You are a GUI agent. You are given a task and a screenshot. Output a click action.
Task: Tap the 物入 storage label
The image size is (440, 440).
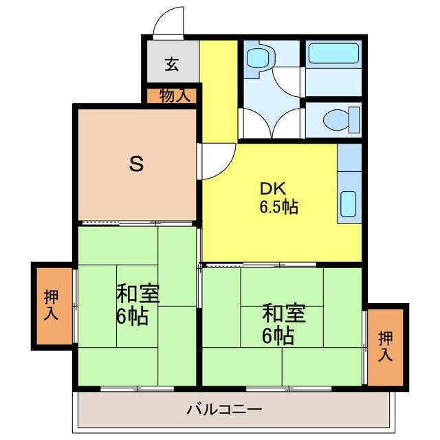coord(171,95)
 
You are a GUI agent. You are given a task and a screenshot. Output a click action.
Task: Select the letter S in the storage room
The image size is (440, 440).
coord(137,164)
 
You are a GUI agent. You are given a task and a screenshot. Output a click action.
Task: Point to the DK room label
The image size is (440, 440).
coord(269,188)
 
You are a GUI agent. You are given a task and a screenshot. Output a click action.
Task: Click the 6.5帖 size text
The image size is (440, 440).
coord(278,206)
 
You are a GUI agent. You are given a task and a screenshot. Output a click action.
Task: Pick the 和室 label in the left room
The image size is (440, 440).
coord(137,295)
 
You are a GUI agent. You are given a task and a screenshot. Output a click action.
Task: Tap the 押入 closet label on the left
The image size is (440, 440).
coord(52,306)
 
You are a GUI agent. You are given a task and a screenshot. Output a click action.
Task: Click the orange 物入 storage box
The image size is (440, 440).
coord(171,95)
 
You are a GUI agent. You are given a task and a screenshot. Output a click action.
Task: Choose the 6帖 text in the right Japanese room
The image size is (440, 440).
coord(278,335)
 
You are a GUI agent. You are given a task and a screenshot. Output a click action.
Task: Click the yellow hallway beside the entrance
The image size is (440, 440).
coord(218,89)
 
